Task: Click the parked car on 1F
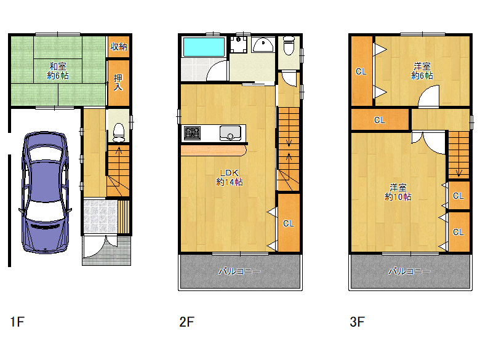click(x=45, y=192)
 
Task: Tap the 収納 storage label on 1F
click(x=119, y=47)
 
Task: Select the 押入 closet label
click(x=118, y=82)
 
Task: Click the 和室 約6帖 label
click(x=58, y=71)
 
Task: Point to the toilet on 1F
click(x=119, y=132)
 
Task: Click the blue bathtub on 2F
click(x=204, y=47)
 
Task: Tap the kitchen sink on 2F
click(x=230, y=133)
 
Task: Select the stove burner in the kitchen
click(x=192, y=133)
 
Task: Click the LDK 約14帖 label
click(x=230, y=178)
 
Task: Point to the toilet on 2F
click(x=289, y=46)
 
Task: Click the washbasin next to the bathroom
click(x=263, y=45)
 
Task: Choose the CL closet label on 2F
click(x=289, y=223)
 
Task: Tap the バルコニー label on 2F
click(x=240, y=271)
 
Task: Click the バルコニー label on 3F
click(x=410, y=271)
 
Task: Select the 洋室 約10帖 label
click(x=398, y=192)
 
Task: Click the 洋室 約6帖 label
click(x=422, y=71)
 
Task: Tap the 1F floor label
click(x=17, y=322)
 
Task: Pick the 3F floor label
click(x=358, y=322)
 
